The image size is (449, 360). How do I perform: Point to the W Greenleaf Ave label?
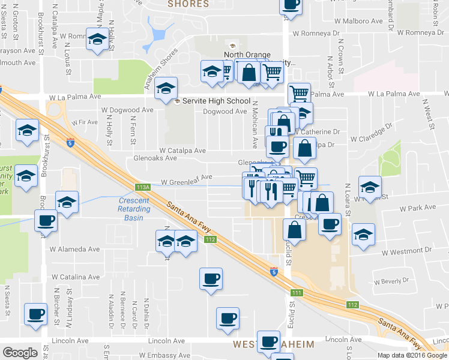point(187,177)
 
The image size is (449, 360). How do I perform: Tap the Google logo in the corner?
point(20,353)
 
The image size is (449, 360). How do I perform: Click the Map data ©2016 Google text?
point(412,355)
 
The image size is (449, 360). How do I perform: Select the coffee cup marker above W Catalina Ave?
point(211,279)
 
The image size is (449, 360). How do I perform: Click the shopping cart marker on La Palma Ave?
point(299,93)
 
